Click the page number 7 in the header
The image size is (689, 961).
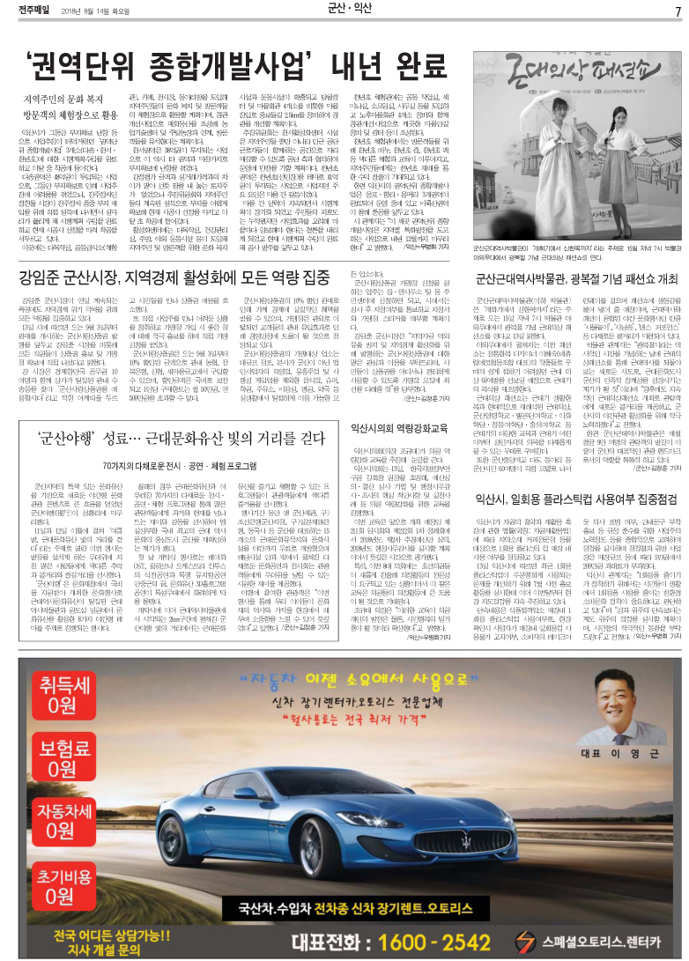click(677, 11)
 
